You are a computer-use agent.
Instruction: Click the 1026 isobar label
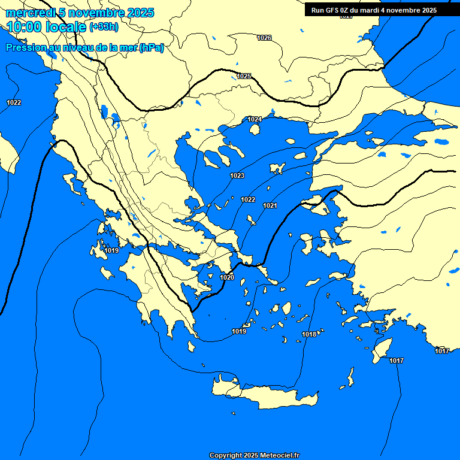click(264, 38)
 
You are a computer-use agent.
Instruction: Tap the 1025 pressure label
click(244, 76)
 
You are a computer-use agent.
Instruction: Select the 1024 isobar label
click(255, 119)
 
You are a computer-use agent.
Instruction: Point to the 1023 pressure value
click(237, 175)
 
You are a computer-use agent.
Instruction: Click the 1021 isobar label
click(270, 205)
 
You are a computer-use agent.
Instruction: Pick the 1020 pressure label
click(227, 277)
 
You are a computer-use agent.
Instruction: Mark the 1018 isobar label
click(309, 334)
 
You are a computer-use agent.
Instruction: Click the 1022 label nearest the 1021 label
click(248, 199)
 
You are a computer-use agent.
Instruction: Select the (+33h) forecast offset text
click(104, 27)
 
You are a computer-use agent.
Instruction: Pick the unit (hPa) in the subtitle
click(151, 48)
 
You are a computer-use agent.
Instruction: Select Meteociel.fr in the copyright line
click(279, 455)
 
